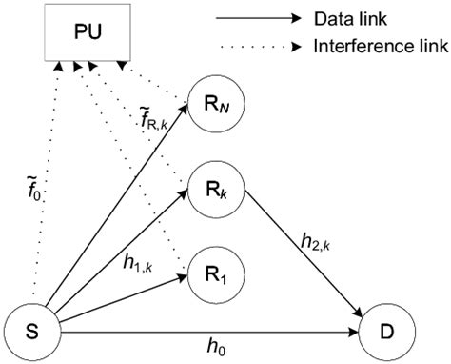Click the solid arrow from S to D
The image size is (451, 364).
209,332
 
